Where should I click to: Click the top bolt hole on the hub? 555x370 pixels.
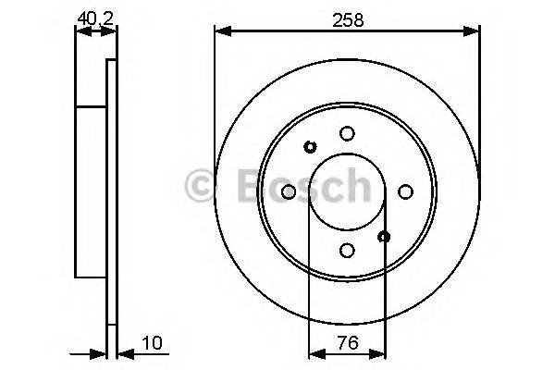click(347, 134)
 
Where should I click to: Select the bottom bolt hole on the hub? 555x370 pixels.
click(347, 250)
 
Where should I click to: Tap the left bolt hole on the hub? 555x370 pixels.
click(289, 191)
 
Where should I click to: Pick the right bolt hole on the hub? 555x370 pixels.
click(405, 191)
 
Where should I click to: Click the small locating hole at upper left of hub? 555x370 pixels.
click(310, 146)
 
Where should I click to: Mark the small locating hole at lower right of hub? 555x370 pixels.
click(385, 237)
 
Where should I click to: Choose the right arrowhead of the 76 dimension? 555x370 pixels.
click(380, 352)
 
